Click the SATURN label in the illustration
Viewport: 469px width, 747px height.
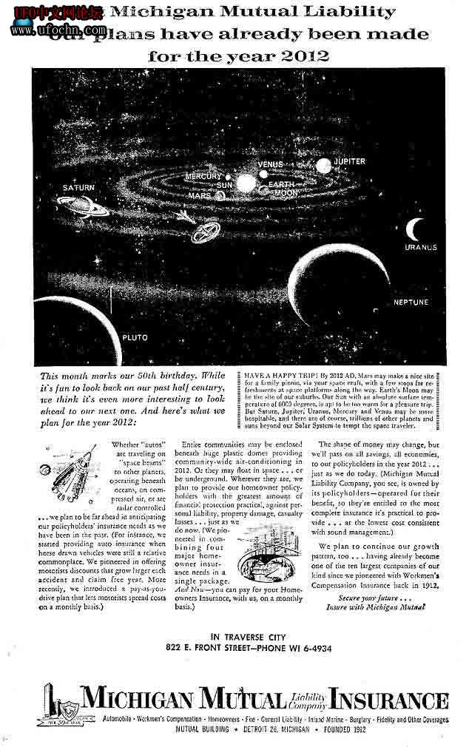click(78, 188)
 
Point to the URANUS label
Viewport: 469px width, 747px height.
click(421, 247)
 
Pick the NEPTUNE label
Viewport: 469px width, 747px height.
click(411, 302)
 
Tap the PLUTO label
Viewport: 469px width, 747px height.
click(135, 337)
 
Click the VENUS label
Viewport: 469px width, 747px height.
click(270, 163)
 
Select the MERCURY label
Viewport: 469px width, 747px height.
click(203, 177)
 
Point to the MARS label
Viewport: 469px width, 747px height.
click(199, 197)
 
